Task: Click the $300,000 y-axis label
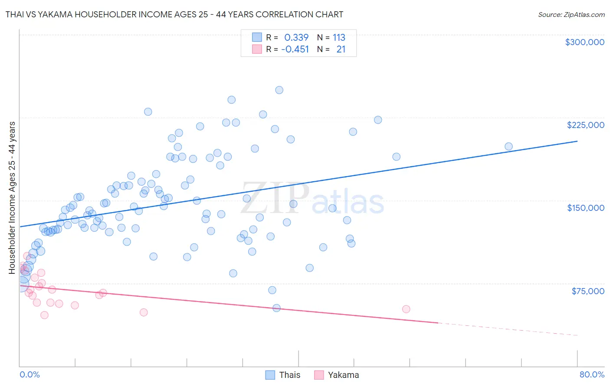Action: [584, 42]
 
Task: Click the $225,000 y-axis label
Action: [585, 125]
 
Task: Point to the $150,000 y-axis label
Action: [585, 208]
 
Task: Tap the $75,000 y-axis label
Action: [588, 291]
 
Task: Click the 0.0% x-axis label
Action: [30, 374]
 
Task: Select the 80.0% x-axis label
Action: [592, 374]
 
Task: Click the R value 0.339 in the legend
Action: [296, 38]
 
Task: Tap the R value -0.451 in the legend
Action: [295, 49]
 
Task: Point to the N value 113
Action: [339, 38]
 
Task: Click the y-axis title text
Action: [12, 198]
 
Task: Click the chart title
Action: [174, 14]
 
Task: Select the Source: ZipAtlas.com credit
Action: [571, 14]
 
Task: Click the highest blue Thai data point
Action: [279, 90]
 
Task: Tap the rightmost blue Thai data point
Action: [508, 147]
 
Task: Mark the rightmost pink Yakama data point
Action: [406, 309]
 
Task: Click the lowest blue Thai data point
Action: [276, 308]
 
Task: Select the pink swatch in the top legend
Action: [257, 49]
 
